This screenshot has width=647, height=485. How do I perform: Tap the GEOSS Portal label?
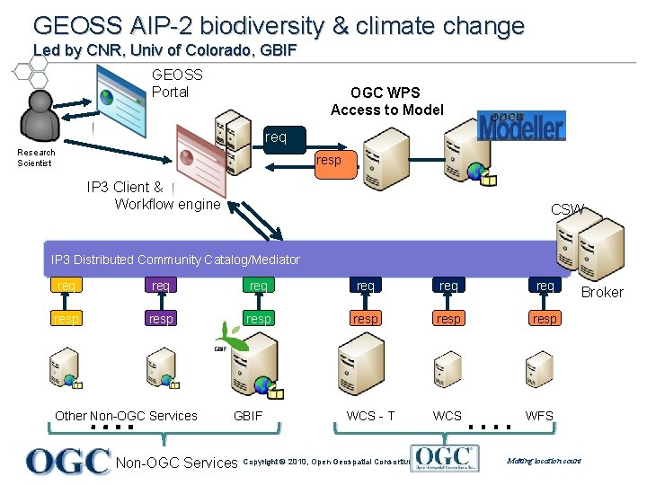[177, 84]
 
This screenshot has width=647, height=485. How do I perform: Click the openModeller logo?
[521, 126]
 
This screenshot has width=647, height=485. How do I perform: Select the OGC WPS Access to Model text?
[386, 101]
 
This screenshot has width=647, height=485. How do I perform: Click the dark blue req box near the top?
[276, 137]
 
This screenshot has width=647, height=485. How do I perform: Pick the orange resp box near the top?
[329, 160]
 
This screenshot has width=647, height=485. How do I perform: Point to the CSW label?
[567, 209]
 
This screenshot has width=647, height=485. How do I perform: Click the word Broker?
[602, 292]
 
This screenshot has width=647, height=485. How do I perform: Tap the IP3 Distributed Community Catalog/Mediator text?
[176, 260]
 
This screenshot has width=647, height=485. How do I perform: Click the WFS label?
[539, 416]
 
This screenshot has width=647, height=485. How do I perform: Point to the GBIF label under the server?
[248, 416]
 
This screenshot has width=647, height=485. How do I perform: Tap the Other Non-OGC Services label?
[126, 416]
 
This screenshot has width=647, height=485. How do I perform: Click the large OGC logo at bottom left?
[69, 461]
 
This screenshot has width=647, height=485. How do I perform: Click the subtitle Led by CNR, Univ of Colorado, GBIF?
[164, 50]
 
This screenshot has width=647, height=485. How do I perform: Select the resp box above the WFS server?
[545, 319]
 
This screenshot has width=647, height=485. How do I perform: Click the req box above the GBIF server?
[258, 286]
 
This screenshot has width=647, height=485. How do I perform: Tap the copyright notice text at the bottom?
[325, 463]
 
